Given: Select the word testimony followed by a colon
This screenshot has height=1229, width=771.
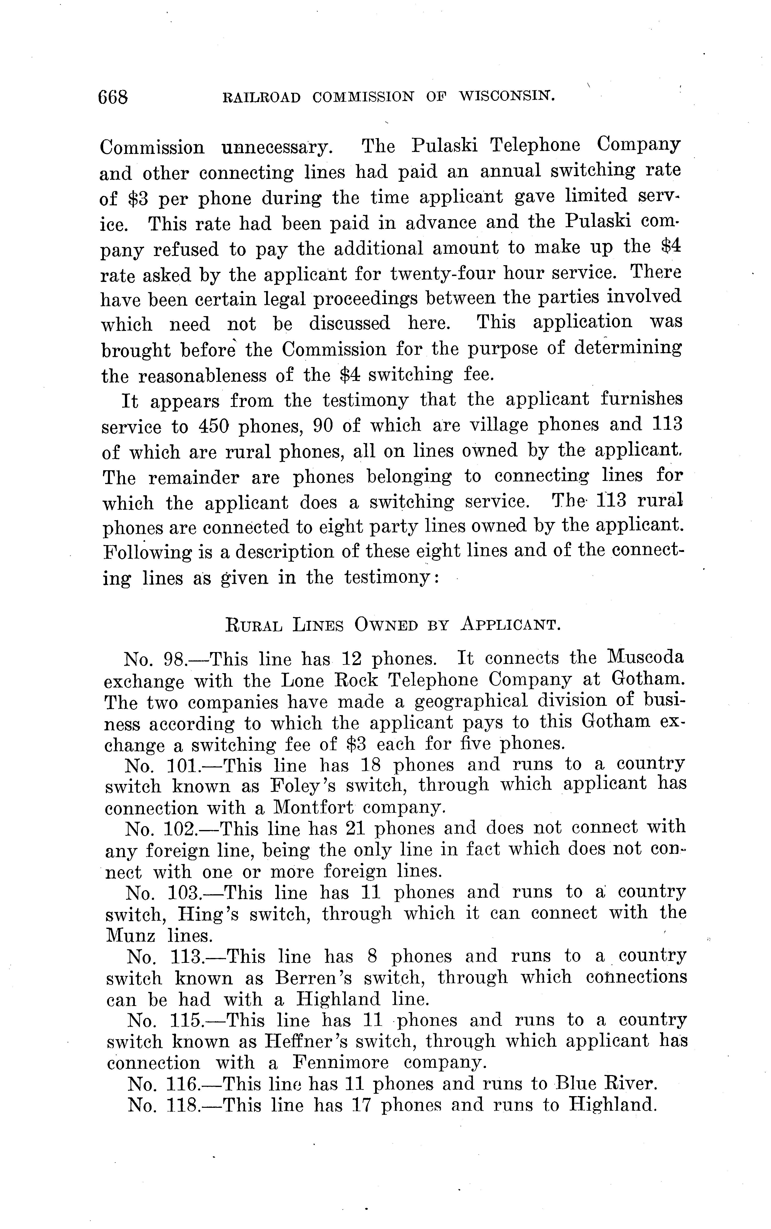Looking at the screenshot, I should (x=390, y=578).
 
